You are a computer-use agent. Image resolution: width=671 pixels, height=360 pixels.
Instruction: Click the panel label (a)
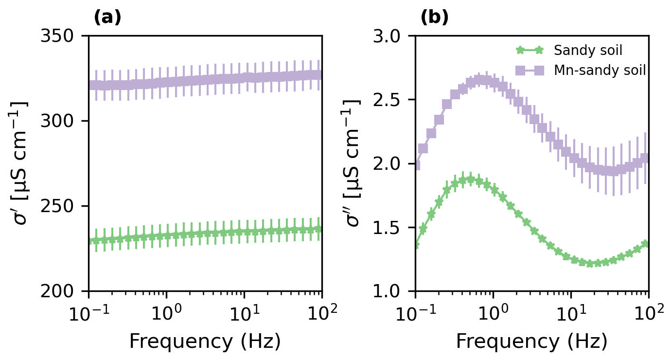107,18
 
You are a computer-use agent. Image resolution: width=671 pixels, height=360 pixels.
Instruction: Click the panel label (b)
434,18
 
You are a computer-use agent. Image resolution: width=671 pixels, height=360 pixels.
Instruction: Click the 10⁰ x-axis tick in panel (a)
166,311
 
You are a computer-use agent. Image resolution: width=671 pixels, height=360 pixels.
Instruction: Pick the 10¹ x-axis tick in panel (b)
571,311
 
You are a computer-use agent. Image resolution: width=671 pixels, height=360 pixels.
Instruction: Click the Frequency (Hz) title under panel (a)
205,342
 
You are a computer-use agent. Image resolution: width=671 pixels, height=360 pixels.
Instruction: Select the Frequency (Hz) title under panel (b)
531,342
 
